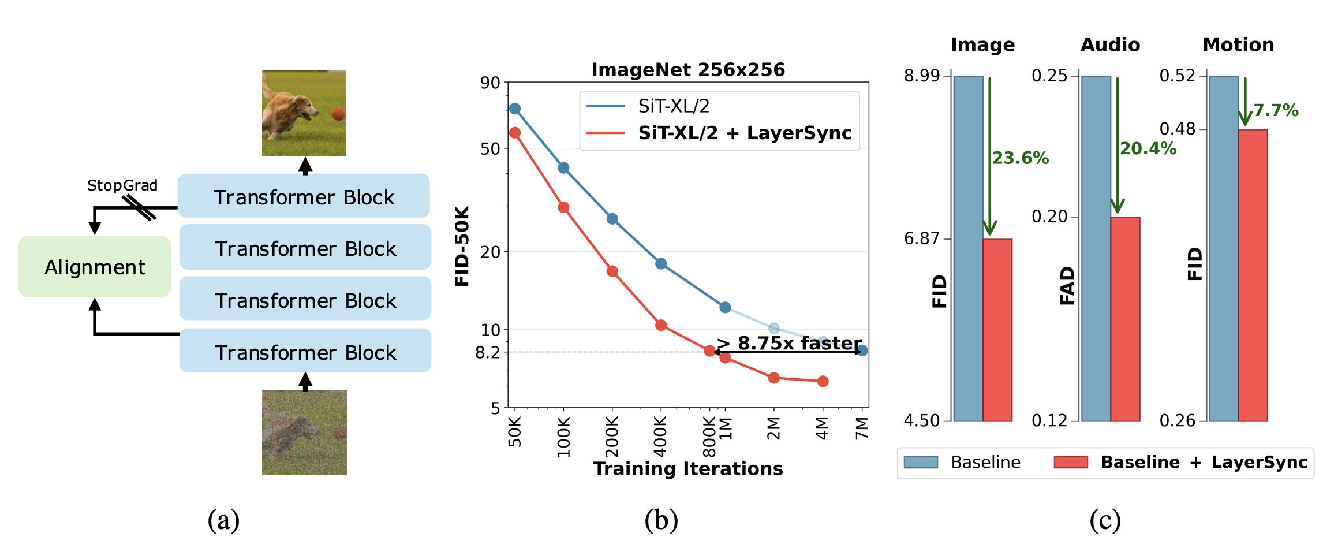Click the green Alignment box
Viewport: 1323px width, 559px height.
95,267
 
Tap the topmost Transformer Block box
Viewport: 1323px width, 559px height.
304,196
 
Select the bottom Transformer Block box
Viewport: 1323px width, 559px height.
305,351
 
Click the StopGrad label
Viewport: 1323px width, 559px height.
122,185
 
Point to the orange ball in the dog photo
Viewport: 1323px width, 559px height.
338,113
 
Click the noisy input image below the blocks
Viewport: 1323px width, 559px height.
304,433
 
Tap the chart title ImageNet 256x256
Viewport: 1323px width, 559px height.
688,70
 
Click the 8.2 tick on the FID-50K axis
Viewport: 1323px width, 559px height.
488,352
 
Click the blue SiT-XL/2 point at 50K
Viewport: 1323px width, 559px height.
515,109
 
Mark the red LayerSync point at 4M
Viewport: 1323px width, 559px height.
823,381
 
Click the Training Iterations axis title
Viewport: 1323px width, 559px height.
688,468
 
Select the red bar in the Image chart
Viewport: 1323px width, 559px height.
997,329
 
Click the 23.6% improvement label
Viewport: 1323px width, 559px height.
1020,158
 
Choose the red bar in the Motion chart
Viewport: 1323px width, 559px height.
1253,275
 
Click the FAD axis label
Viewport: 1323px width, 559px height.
1067,285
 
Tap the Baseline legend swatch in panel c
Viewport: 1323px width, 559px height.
921,462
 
